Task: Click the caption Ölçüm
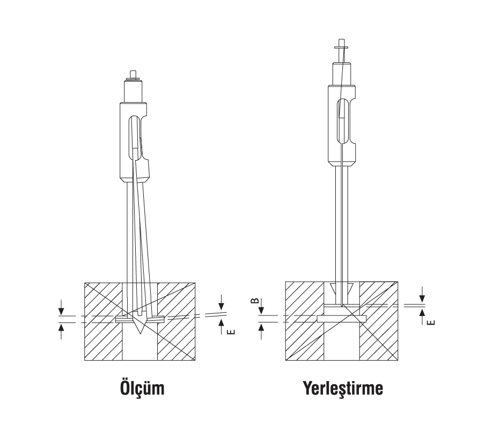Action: (x=142, y=387)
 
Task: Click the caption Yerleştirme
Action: (x=343, y=388)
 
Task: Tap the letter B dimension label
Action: (x=255, y=300)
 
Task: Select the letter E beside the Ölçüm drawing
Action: (x=232, y=332)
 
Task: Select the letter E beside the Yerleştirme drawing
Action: (x=431, y=322)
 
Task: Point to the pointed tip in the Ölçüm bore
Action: (x=140, y=333)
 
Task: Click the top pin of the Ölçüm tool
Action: (x=133, y=74)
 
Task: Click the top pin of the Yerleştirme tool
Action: (x=341, y=42)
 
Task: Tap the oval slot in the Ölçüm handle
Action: (x=135, y=138)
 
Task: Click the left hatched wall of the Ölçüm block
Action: (x=104, y=321)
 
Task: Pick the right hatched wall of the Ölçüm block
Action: (x=176, y=321)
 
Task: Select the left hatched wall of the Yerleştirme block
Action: (x=305, y=321)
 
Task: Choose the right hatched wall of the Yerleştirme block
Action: (x=379, y=321)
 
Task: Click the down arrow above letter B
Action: (x=261, y=309)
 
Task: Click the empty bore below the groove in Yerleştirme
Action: (x=342, y=341)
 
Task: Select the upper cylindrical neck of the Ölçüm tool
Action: (x=133, y=91)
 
